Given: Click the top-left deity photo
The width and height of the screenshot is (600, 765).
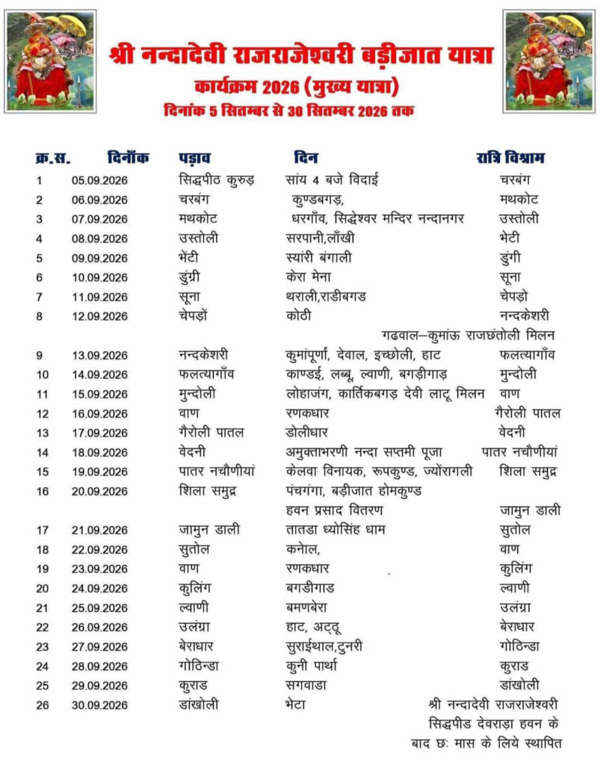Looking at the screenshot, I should click(51, 61).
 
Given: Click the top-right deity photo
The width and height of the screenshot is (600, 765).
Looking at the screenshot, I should click(548, 61).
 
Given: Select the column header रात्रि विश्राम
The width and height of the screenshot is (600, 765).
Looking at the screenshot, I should click(511, 158).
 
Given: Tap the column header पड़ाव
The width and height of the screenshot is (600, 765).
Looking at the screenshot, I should click(194, 158).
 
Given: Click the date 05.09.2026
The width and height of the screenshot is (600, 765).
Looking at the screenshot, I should click(99, 180).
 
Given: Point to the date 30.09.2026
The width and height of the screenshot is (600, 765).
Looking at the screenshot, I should click(99, 704).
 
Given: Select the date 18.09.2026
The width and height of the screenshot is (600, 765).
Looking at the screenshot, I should click(99, 452).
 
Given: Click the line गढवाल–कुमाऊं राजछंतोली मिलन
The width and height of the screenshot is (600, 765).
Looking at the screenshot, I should click(468, 335).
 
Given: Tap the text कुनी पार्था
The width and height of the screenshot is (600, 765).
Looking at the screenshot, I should click(312, 666).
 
